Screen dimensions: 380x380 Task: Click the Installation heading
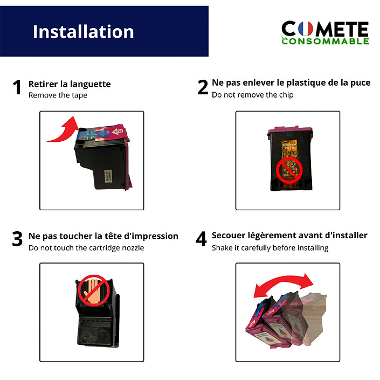coord(83,31)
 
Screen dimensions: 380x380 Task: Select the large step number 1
coord(18,87)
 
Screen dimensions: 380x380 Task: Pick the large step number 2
coord(203,87)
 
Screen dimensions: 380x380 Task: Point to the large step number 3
coord(18,239)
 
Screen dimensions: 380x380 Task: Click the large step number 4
coord(202,239)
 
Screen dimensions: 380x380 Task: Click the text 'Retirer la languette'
coord(70,84)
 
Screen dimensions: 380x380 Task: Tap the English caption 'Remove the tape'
coord(58,95)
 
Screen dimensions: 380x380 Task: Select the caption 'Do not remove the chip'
coord(253,95)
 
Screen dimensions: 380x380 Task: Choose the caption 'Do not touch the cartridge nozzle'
coord(86,248)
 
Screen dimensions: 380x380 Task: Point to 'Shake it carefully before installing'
coord(270,248)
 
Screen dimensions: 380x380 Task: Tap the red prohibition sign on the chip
coord(289,171)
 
